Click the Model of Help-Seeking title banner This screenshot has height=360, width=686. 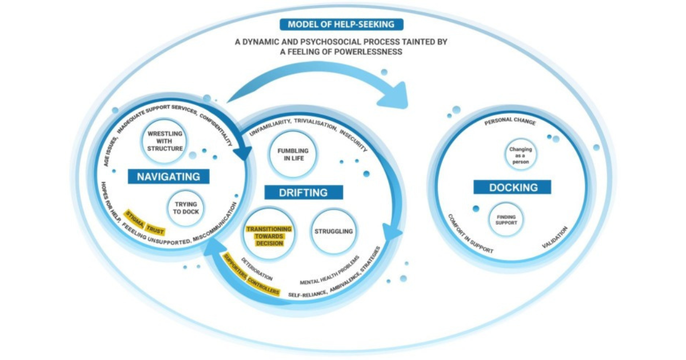pyautogui.click(x=342, y=25)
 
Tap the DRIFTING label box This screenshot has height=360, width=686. pyautogui.click(x=304, y=192)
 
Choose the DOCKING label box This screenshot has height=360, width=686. pyautogui.click(x=512, y=187)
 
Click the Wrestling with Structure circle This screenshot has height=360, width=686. pyautogui.click(x=164, y=141)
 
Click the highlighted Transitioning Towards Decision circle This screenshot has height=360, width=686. pyautogui.click(x=269, y=235)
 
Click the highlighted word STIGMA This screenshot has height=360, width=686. pyautogui.click(x=134, y=219)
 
